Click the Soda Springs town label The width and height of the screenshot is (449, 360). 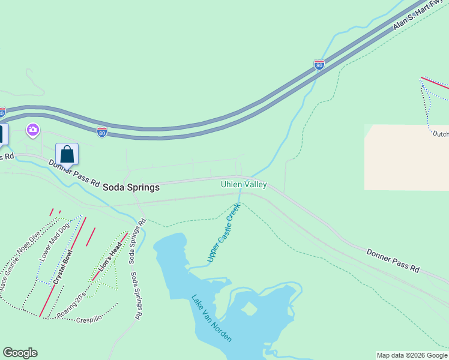(131, 187)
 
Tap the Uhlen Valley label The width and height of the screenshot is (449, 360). (244, 185)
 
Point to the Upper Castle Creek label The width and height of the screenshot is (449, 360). (224, 232)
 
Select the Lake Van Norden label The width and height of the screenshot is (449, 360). (211, 318)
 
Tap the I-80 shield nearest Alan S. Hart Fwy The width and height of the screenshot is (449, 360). (319, 65)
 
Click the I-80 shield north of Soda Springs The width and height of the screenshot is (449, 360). (103, 131)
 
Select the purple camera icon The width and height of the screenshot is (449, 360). (32, 130)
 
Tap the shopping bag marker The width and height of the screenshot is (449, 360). (67, 154)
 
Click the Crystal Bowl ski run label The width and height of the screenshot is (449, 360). (62, 268)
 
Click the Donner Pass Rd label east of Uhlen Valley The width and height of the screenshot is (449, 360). (393, 261)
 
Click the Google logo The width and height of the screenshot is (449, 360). (20, 353)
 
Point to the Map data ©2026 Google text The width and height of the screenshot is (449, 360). (412, 355)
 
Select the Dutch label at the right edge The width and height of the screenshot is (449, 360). (441, 134)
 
